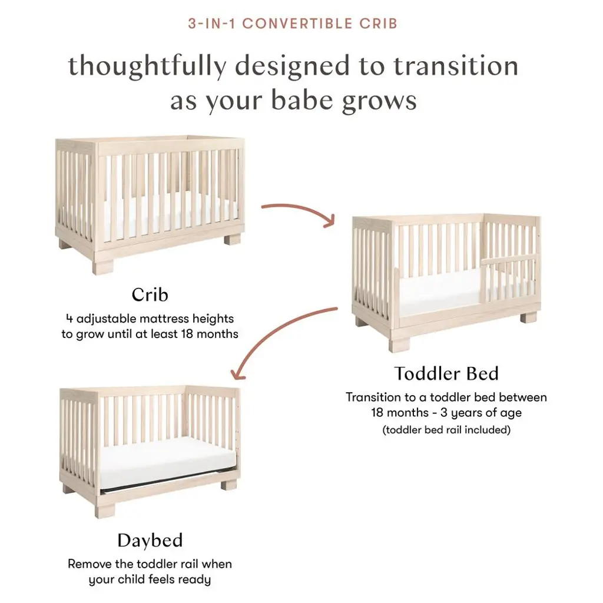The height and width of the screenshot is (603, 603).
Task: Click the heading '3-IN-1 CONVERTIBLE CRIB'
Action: pyautogui.click(x=293, y=24)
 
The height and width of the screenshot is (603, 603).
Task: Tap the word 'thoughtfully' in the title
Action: pyautogui.click(x=148, y=67)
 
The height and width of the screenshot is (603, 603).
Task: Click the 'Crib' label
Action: pyautogui.click(x=150, y=295)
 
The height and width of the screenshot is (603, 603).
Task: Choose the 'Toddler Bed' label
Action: pyautogui.click(x=446, y=373)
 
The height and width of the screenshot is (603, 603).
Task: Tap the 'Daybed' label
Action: pyautogui.click(x=150, y=541)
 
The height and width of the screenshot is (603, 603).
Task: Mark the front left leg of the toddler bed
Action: pyautogui.click(x=399, y=340)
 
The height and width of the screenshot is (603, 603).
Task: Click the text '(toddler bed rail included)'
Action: pyautogui.click(x=446, y=429)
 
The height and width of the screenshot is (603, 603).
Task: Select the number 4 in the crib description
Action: pyautogui.click(x=69, y=319)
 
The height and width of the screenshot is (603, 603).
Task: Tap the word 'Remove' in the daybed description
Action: pyautogui.click(x=90, y=564)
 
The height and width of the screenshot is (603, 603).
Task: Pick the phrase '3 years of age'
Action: pyautogui.click(x=481, y=413)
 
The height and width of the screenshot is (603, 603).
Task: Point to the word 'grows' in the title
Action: pyautogui.click(x=379, y=101)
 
